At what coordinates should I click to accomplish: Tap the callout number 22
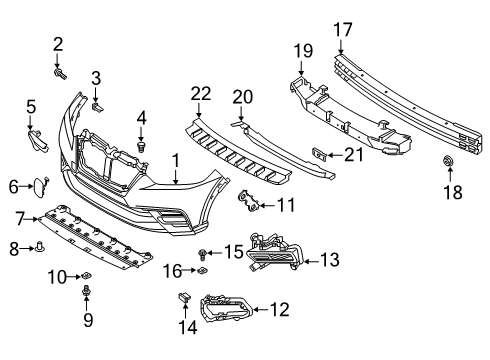(201, 93)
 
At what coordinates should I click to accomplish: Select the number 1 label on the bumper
(175, 159)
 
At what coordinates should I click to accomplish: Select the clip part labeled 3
(97, 101)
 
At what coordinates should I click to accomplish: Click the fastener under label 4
(141, 148)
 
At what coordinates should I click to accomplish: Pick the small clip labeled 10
(86, 275)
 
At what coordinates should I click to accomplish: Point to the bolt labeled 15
(203, 253)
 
